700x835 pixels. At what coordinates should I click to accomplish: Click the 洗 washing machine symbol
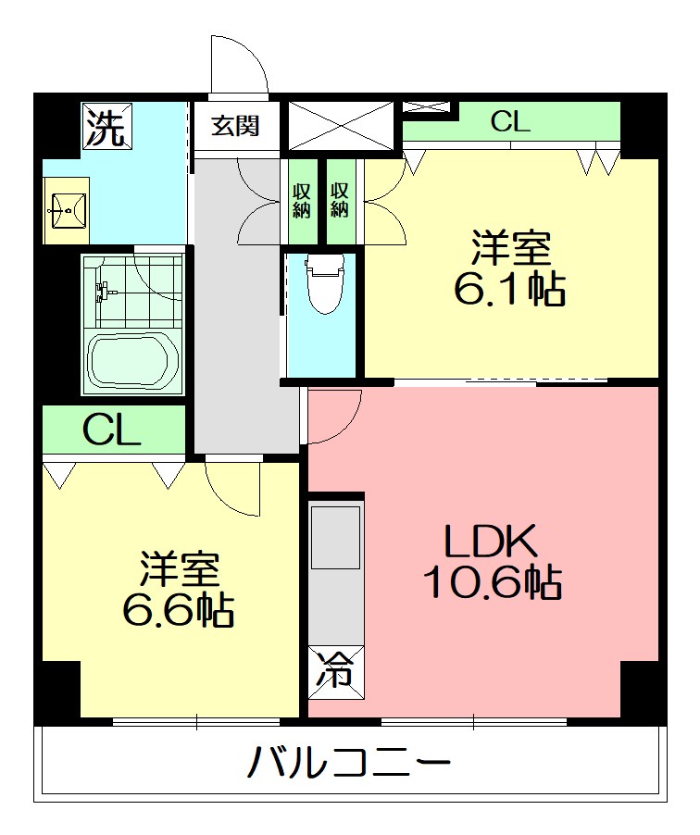click(x=106, y=126)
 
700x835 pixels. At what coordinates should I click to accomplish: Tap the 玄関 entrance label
click(x=235, y=126)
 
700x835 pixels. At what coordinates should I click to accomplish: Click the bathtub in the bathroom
click(x=133, y=363)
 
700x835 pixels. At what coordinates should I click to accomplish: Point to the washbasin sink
click(x=67, y=211)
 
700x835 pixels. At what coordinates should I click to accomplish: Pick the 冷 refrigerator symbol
click(x=336, y=672)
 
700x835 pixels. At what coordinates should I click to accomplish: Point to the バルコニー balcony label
click(x=349, y=762)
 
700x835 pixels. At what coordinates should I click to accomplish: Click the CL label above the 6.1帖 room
click(x=510, y=121)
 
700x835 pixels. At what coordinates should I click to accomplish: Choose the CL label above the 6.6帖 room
click(x=112, y=430)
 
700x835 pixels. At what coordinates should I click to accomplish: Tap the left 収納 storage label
click(x=301, y=200)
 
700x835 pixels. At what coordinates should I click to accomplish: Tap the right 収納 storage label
click(x=339, y=200)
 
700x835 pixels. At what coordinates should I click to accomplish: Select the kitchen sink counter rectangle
click(x=335, y=538)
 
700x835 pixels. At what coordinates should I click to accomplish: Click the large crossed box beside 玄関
click(x=341, y=126)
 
